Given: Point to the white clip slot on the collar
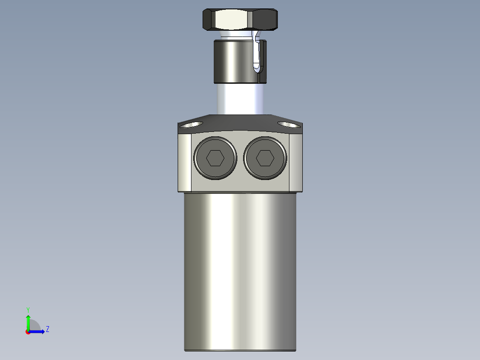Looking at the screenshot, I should coord(257,53).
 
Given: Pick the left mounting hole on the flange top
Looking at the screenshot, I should coord(189,124).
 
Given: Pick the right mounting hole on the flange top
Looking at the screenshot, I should coord(289,124).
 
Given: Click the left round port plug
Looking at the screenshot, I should coord(215,158).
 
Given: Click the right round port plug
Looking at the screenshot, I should coord(265,158).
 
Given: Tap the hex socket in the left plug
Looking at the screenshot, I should coord(215,158).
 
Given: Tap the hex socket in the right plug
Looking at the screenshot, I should coord(265,158).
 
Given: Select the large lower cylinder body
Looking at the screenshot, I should coord(240,272).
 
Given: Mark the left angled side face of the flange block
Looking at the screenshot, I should coord(184,163).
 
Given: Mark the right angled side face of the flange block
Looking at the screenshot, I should coord(296,163).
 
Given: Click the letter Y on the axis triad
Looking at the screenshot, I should coord(28,309).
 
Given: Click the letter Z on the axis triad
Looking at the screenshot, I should coord(47,329).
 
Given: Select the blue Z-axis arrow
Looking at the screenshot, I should coord(38,331).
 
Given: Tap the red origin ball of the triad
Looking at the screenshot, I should coord(28,332).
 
